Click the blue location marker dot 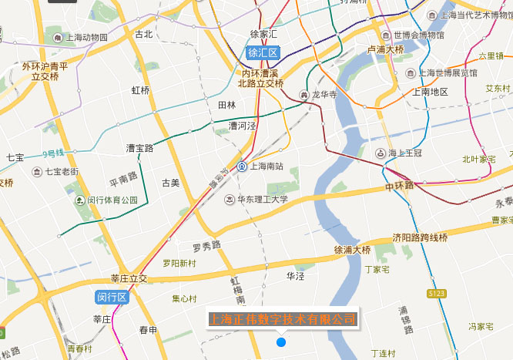pos(281,341)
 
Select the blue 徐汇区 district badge pos(263,53)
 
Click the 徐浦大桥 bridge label pos(353,250)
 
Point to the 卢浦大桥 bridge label pos(386,49)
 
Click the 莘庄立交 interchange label pos(129,278)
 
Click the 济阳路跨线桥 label pos(420,237)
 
